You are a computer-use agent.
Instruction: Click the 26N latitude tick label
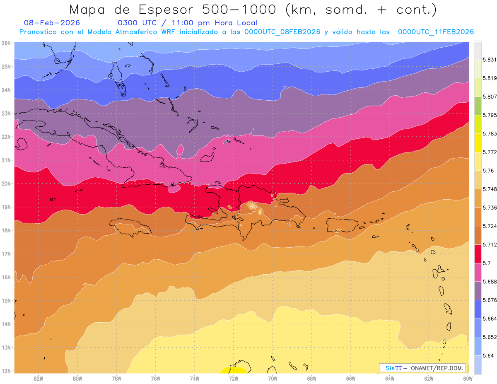point(6,43)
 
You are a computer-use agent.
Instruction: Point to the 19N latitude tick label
point(6,207)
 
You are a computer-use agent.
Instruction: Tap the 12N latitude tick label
point(6,371)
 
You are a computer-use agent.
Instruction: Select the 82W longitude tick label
point(39,378)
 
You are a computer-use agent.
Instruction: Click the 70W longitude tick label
point(273,378)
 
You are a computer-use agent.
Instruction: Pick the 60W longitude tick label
point(468,378)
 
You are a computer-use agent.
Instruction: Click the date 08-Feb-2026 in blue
point(52,23)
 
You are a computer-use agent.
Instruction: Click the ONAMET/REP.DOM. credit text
point(437,368)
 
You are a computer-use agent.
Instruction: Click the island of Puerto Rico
point(342,225)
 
